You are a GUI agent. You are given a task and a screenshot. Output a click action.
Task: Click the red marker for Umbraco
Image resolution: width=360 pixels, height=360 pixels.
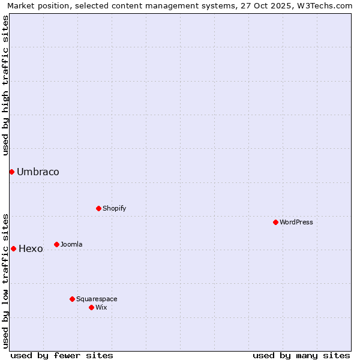click(11, 172)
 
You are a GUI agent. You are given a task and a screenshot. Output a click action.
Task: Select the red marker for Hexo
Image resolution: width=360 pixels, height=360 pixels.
click(13, 248)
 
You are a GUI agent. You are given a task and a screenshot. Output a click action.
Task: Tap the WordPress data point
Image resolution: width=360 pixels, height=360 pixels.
click(275, 222)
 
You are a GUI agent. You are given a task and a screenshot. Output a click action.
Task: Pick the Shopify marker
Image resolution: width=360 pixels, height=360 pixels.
click(98, 208)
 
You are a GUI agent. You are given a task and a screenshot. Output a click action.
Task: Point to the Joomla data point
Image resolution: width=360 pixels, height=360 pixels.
click(56, 244)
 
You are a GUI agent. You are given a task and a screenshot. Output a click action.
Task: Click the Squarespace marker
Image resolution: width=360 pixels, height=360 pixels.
click(72, 299)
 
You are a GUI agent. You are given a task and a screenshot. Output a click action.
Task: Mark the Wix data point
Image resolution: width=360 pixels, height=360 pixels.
click(91, 307)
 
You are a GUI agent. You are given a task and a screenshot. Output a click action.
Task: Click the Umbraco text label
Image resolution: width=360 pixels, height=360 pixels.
click(38, 172)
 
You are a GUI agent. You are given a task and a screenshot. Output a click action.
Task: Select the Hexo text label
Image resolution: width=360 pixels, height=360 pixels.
click(31, 249)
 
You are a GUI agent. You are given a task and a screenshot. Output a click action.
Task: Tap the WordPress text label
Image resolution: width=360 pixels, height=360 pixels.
click(296, 222)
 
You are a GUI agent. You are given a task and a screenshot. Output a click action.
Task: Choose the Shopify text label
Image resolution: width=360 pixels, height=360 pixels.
click(114, 208)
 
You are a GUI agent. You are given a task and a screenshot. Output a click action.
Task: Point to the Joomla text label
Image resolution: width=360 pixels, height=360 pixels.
click(71, 244)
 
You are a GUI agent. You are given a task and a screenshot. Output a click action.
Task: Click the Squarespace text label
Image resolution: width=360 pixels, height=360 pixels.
click(97, 299)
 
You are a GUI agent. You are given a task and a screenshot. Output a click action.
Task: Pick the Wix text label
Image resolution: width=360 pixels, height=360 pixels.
click(101, 307)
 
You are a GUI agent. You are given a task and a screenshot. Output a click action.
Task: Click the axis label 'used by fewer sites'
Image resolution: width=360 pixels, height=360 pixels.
click(62, 355)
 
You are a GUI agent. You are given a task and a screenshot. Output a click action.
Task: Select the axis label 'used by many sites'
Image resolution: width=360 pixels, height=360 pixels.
click(301, 355)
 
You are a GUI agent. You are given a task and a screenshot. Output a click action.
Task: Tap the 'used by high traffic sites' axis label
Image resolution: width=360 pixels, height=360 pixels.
click(6, 85)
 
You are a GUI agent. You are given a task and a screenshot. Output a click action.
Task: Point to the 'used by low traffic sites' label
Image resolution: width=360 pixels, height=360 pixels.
click(6, 280)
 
